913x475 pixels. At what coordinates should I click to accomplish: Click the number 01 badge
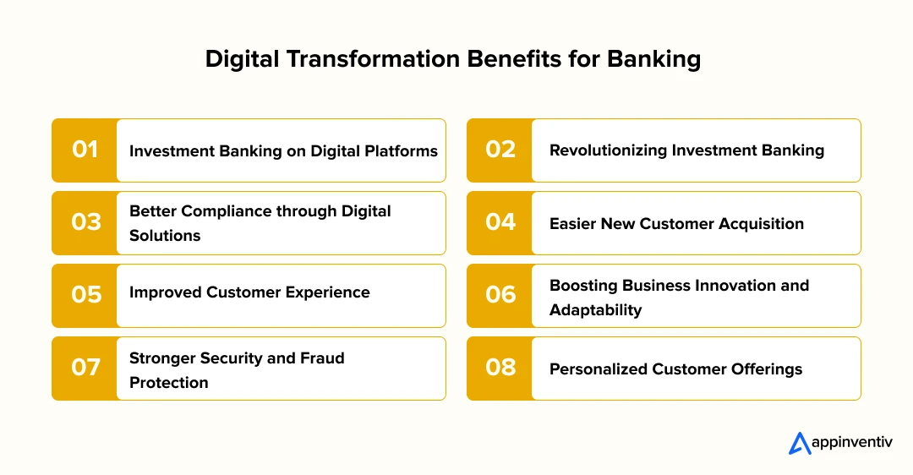85,150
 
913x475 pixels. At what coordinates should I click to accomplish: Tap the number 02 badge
500,150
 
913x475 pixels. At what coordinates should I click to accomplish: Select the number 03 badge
85,223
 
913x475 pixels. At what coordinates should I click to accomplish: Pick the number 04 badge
500,223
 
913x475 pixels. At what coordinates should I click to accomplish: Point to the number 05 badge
85,296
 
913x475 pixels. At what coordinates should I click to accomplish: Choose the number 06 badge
500,296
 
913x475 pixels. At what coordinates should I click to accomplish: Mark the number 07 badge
85,369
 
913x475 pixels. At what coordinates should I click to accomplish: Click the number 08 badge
500,369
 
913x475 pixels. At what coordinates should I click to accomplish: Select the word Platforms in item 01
402,151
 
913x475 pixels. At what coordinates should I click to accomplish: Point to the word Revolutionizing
608,150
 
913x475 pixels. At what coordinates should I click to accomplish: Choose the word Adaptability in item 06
596,310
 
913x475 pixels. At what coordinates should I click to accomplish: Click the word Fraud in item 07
322,358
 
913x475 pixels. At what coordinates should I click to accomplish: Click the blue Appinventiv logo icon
800,443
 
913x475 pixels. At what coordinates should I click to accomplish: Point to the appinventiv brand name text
852,442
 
